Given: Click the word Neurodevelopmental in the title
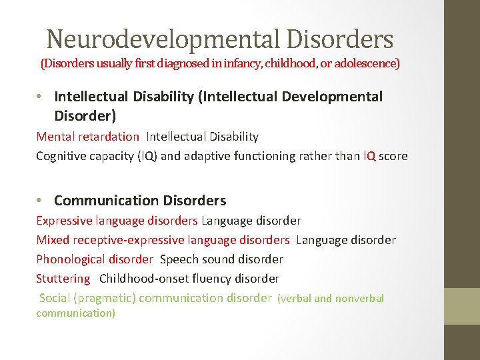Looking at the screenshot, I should (x=163, y=40).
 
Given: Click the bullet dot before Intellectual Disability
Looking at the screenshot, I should (x=41, y=97).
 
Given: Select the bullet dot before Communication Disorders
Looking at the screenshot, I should (x=41, y=201).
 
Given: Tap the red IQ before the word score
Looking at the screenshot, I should (x=369, y=156).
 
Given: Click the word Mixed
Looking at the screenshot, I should (x=53, y=240).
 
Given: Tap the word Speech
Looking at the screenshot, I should (x=177, y=259).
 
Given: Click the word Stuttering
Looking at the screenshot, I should (x=63, y=279).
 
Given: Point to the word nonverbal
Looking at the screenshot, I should (x=359, y=299).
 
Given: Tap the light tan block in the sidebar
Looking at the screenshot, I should (x=461, y=306).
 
